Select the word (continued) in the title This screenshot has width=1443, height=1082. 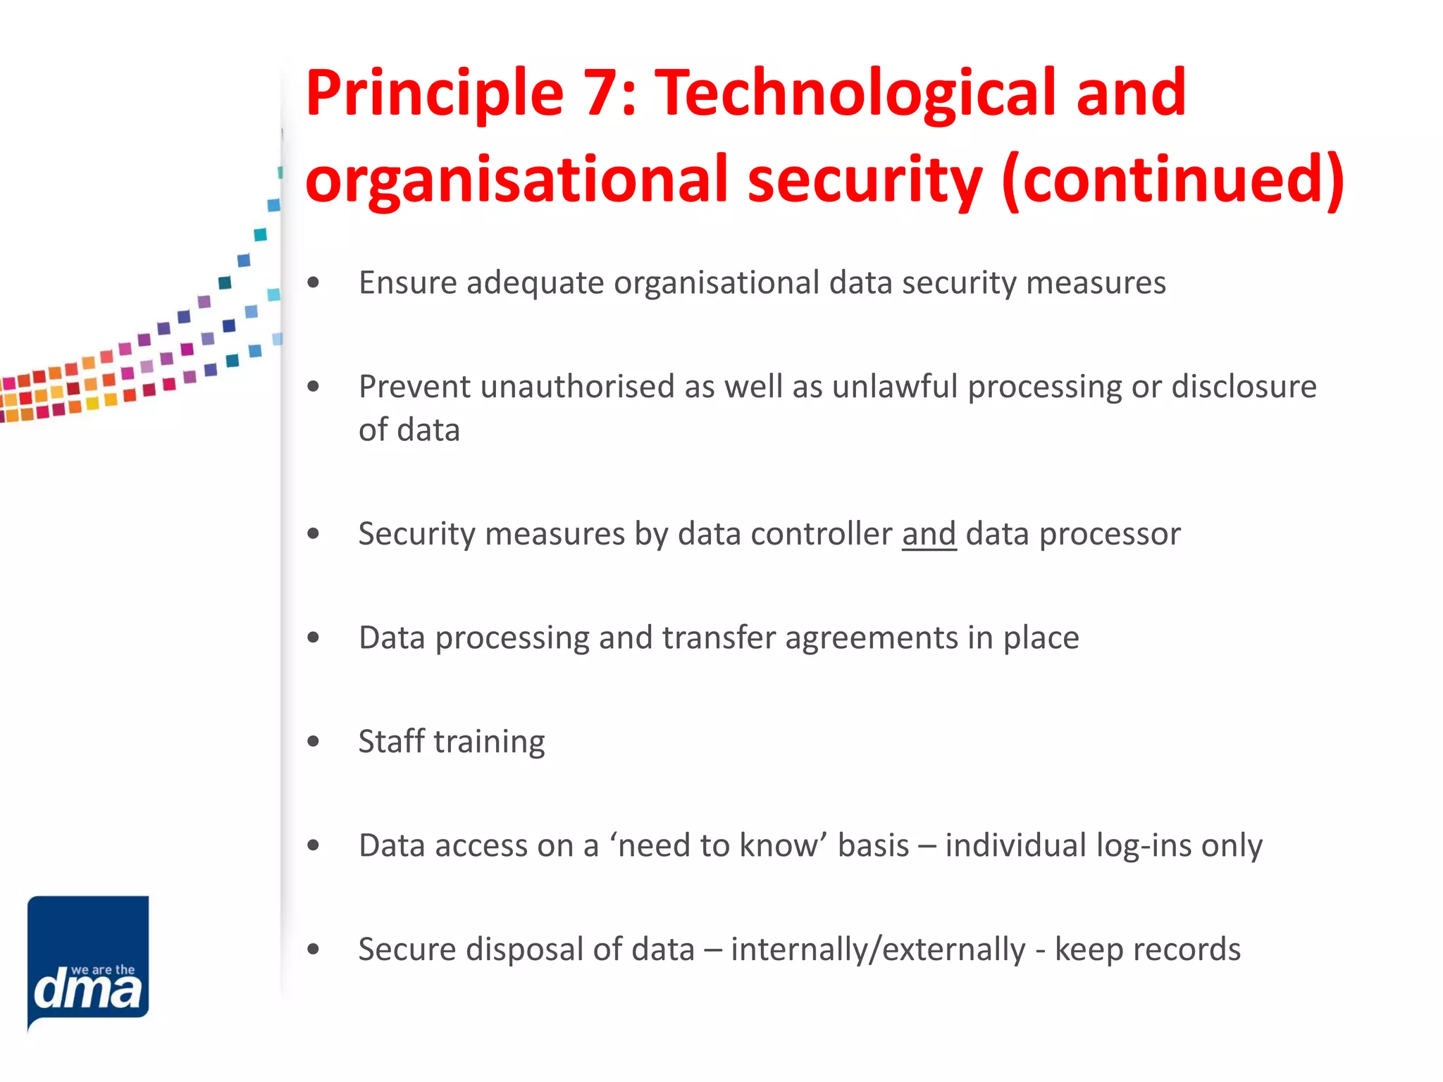pyautogui.click(x=1173, y=180)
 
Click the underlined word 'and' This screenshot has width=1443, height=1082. pyautogui.click(x=929, y=534)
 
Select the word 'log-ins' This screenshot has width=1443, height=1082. pyautogui.click(x=1144, y=845)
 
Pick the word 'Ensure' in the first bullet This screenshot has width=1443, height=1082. pyautogui.click(x=408, y=283)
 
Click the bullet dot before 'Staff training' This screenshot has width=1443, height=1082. pyautogui.click(x=314, y=741)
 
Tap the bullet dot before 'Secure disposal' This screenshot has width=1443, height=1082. pyautogui.click(x=314, y=949)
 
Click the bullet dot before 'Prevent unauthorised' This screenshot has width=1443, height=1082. pyautogui.click(x=314, y=386)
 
